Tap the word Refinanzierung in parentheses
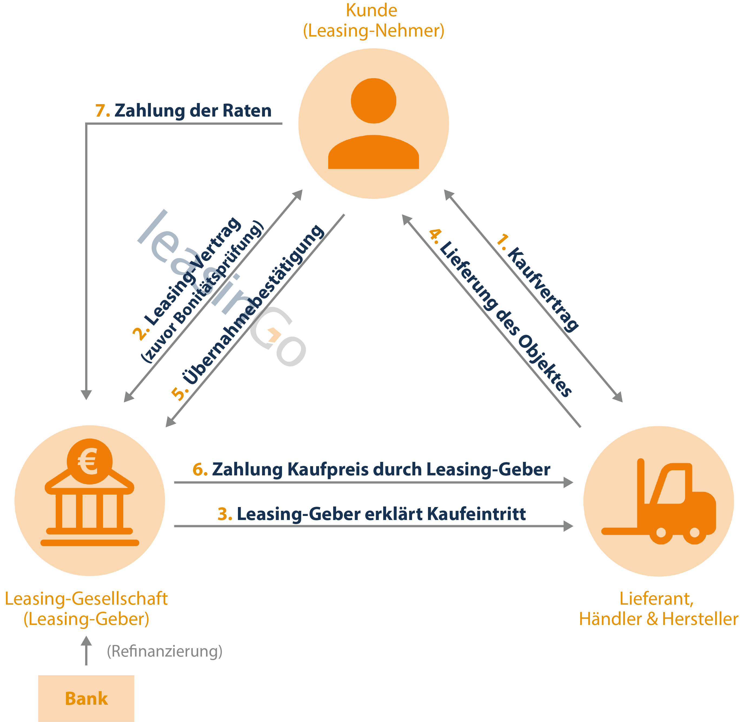click(165, 651)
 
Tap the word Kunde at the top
click(371, 10)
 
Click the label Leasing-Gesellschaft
click(86, 599)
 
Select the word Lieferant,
click(656, 599)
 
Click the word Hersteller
click(700, 619)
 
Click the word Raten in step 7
click(247, 111)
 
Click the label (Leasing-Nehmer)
click(373, 31)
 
